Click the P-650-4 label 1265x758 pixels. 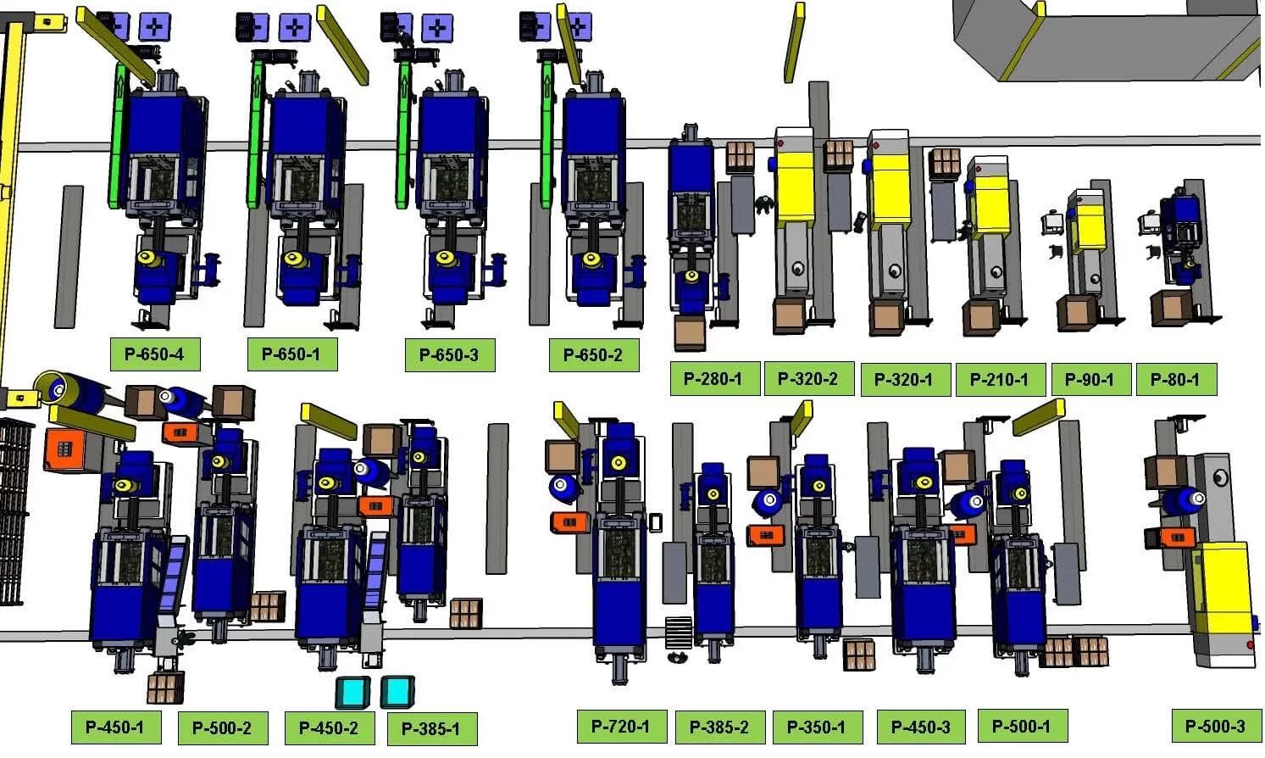(x=154, y=354)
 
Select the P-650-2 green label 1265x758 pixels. (x=593, y=355)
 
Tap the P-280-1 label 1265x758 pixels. (x=713, y=379)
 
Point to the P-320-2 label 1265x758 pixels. (x=807, y=379)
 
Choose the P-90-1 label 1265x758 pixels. (x=1090, y=380)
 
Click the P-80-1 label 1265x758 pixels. (x=1175, y=380)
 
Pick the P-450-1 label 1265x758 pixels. (x=114, y=727)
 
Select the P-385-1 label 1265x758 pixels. (x=431, y=728)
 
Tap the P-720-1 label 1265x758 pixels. (x=621, y=726)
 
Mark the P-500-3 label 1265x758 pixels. (x=1216, y=726)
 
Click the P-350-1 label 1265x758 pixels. (x=816, y=727)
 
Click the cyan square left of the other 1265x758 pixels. (x=352, y=692)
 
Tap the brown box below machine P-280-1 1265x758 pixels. (x=690, y=333)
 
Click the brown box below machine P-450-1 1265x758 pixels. (x=165, y=688)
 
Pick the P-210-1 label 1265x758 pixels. (x=999, y=380)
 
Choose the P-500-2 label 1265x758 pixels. (x=222, y=727)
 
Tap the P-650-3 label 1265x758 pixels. (x=449, y=355)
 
